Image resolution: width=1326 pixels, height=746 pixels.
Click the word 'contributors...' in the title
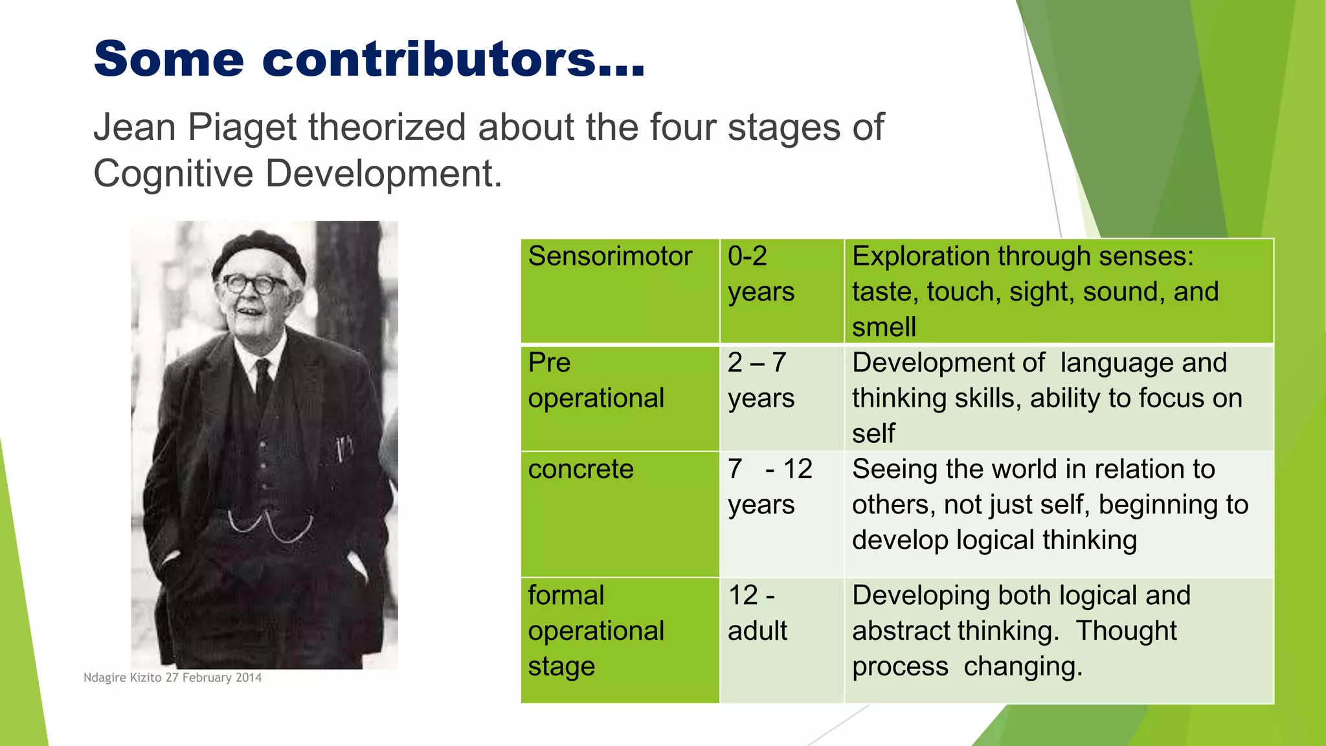pyautogui.click(x=453, y=59)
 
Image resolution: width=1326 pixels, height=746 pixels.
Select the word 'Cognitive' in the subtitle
pyautogui.click(x=173, y=174)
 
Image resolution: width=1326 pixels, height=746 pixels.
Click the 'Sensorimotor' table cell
pyautogui.click(x=610, y=256)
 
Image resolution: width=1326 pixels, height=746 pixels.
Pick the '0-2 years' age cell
pyautogui.click(x=760, y=274)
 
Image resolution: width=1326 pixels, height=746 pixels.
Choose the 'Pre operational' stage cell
pyautogui.click(x=596, y=381)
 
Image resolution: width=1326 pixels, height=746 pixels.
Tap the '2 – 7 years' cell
pyautogui.click(x=760, y=381)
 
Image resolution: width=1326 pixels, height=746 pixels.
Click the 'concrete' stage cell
pyautogui.click(x=581, y=469)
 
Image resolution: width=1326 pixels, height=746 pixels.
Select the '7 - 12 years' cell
pyautogui.click(x=769, y=487)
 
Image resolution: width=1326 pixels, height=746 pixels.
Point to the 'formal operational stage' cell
pyautogui.click(x=596, y=631)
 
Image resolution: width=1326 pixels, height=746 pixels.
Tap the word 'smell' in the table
pyautogui.click(x=884, y=327)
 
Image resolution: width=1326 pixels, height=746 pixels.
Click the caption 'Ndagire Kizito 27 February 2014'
pyautogui.click(x=172, y=677)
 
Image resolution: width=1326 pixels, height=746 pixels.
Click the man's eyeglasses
pyautogui.click(x=254, y=284)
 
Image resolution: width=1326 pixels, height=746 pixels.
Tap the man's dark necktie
pyautogui.click(x=264, y=382)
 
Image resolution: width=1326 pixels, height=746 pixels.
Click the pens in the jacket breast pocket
pyautogui.click(x=344, y=447)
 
